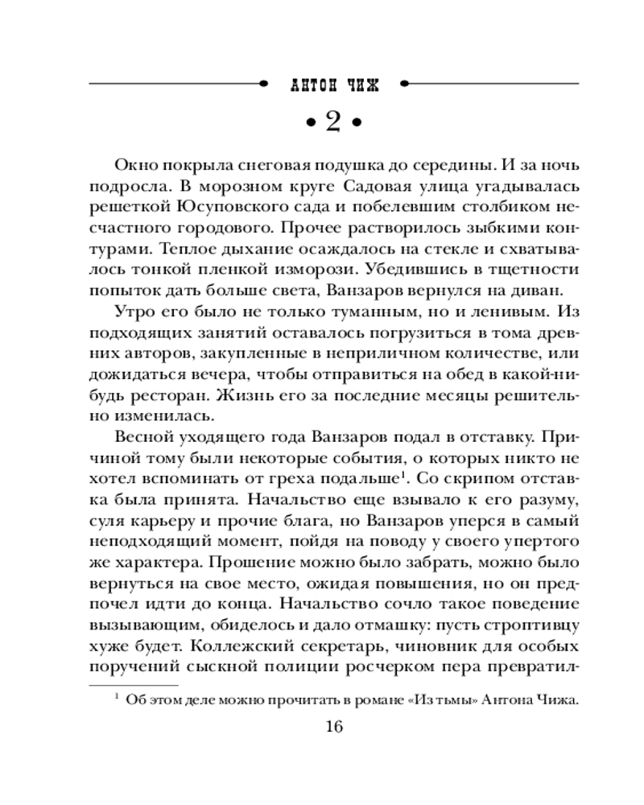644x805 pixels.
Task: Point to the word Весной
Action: tap(142, 438)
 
